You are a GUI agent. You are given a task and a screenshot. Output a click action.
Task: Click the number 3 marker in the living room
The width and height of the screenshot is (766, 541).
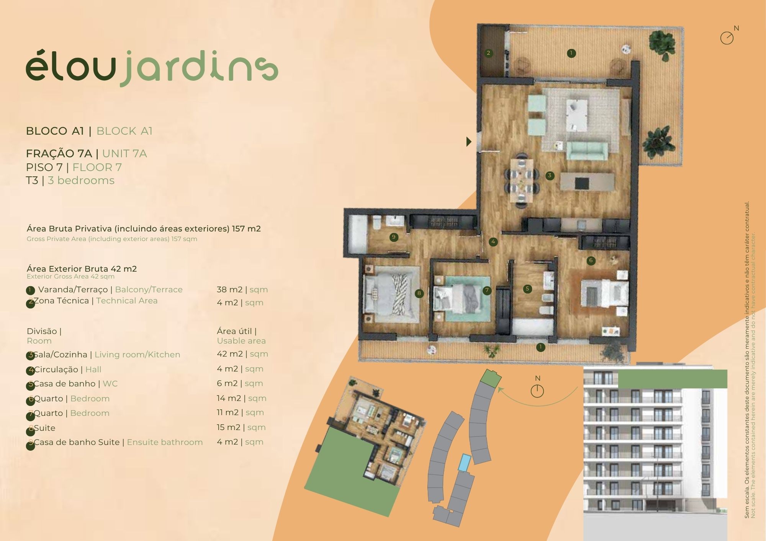pos(550,176)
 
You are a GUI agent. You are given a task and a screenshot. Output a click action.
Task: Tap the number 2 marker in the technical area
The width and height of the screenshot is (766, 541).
pos(488,53)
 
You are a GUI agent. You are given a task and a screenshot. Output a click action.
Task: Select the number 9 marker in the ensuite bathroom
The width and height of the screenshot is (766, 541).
pos(393,237)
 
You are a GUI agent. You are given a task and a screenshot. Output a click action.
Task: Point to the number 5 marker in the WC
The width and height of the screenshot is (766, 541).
pos(527,289)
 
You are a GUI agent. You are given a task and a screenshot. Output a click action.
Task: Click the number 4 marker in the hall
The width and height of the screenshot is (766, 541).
pos(493,242)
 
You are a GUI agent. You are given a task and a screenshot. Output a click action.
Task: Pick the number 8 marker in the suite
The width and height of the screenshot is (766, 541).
pos(419,293)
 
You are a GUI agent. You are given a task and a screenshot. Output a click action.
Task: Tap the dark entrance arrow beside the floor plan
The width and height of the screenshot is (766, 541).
pos(469,142)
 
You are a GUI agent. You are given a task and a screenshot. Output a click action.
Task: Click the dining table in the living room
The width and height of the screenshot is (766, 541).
pos(521,180)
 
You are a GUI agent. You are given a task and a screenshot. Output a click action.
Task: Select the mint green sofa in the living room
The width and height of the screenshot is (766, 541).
pos(587,150)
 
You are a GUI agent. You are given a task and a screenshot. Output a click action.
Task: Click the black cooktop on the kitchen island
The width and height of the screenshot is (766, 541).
pos(581,183)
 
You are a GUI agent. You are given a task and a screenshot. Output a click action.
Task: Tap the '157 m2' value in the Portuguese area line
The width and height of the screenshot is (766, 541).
pos(246,229)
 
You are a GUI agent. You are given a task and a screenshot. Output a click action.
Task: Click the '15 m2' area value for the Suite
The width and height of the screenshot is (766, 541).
pos(228,427)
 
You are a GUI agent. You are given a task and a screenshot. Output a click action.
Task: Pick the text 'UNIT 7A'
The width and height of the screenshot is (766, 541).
pos(124,153)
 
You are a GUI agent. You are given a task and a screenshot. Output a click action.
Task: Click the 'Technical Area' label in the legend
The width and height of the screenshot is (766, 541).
pos(127,301)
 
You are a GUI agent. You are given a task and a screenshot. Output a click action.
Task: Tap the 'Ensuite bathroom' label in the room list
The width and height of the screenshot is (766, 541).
pos(165,442)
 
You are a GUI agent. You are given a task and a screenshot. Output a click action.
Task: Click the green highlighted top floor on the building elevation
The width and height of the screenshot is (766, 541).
pos(673,379)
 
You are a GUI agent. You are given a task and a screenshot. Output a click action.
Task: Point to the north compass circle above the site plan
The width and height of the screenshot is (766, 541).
pos(537,391)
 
